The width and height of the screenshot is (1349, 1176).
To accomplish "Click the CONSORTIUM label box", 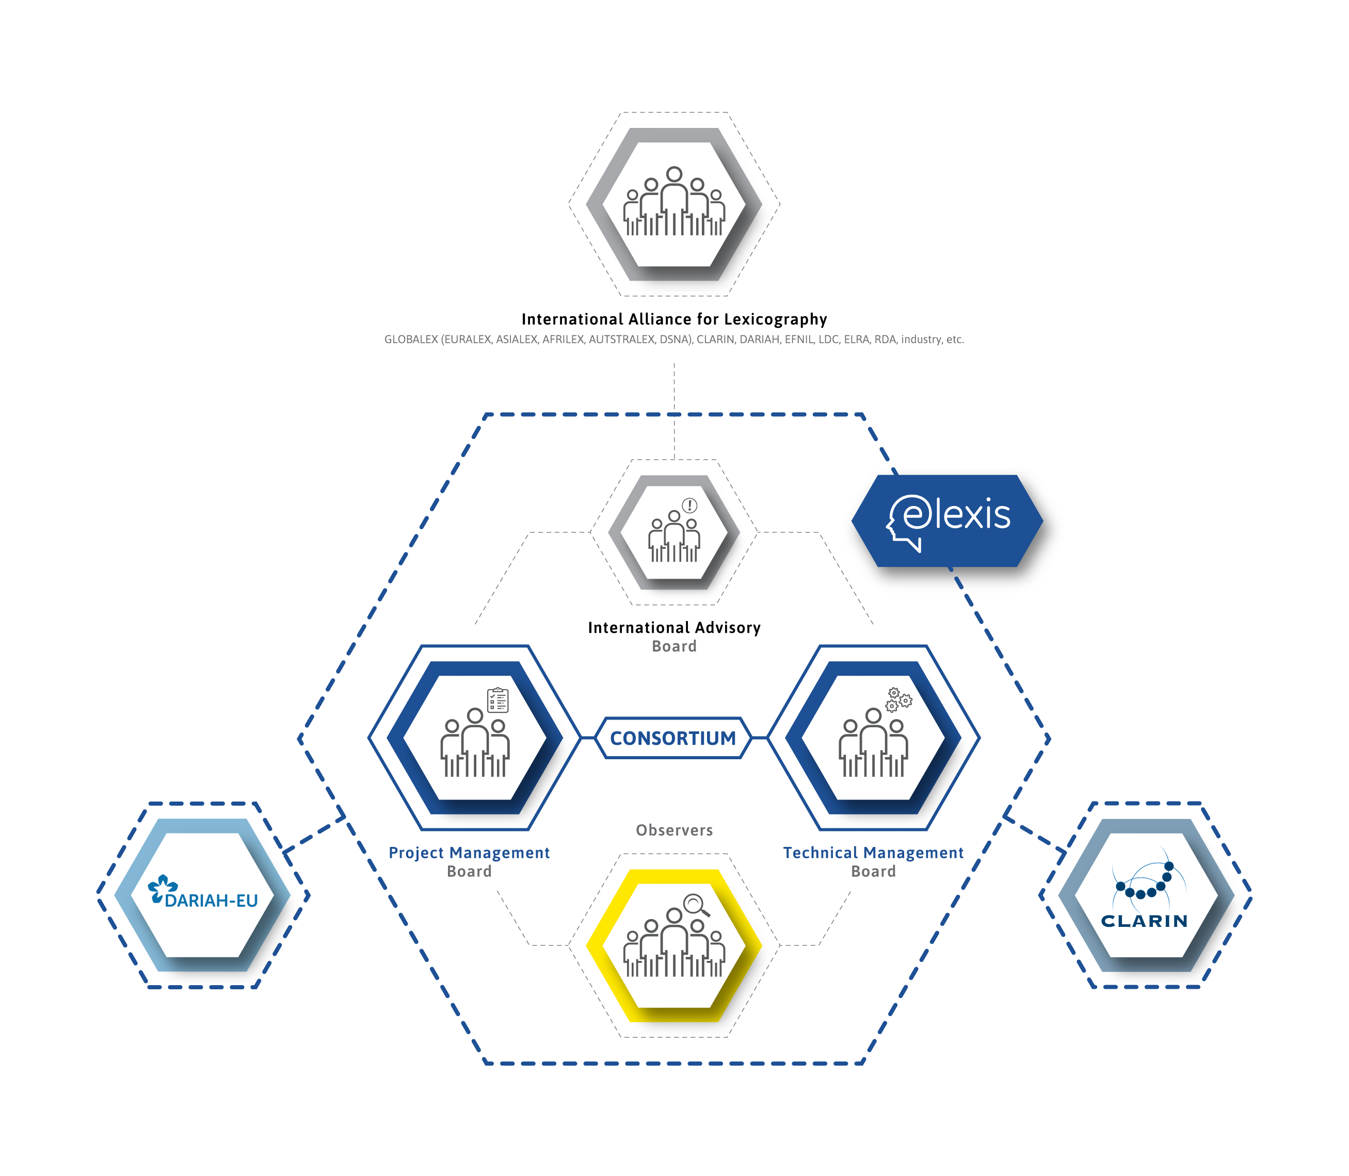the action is [x=673, y=738].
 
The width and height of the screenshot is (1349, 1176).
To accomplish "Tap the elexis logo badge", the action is [x=947, y=521].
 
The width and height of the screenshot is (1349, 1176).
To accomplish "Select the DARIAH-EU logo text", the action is [x=211, y=901].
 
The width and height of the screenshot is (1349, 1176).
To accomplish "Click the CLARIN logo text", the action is [x=1144, y=921].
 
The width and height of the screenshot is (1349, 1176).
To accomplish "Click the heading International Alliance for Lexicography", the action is [x=674, y=320].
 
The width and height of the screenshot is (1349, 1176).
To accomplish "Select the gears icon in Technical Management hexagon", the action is [x=898, y=699].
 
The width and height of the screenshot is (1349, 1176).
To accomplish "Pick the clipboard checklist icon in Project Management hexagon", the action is [x=497, y=700].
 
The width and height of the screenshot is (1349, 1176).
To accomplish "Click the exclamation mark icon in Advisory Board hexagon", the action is [x=689, y=505].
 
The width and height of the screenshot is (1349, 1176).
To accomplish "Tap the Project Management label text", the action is [x=469, y=853].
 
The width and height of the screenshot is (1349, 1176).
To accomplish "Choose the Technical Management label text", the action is [x=873, y=853].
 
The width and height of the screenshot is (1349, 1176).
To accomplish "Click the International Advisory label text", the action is [x=674, y=628].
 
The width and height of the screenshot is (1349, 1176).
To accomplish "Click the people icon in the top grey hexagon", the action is [x=674, y=202].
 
